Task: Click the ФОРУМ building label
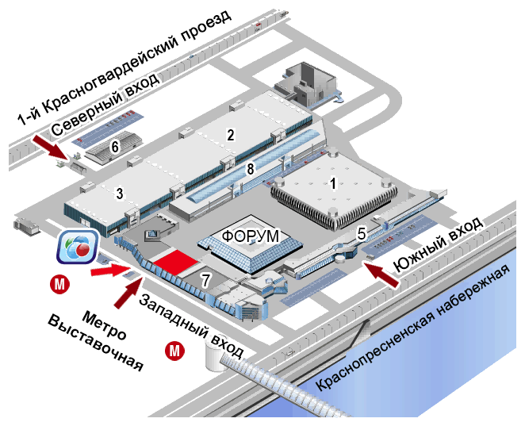[x=251, y=236]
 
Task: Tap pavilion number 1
[x=334, y=182]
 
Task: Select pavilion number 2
[x=231, y=134]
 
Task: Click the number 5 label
[x=361, y=233]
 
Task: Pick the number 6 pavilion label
[x=115, y=146]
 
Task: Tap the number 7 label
[x=205, y=279]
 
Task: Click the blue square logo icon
[x=78, y=248]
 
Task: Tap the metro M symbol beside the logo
[x=58, y=282]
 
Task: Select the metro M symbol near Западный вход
[x=174, y=349]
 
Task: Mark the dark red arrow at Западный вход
[x=126, y=290]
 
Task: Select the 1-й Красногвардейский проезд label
[x=127, y=67]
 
